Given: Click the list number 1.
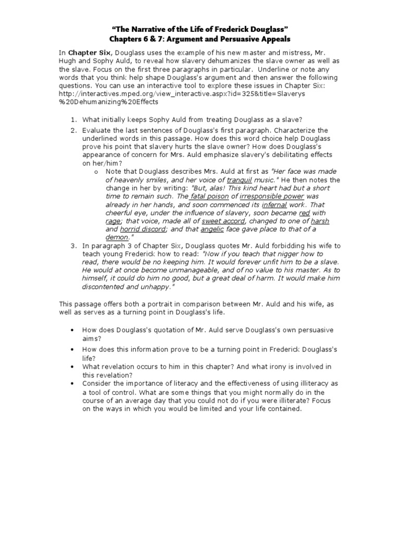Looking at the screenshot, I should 74,120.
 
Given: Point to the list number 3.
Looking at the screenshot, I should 74,245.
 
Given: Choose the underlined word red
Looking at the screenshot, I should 305,212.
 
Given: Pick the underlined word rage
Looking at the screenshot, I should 113,221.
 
